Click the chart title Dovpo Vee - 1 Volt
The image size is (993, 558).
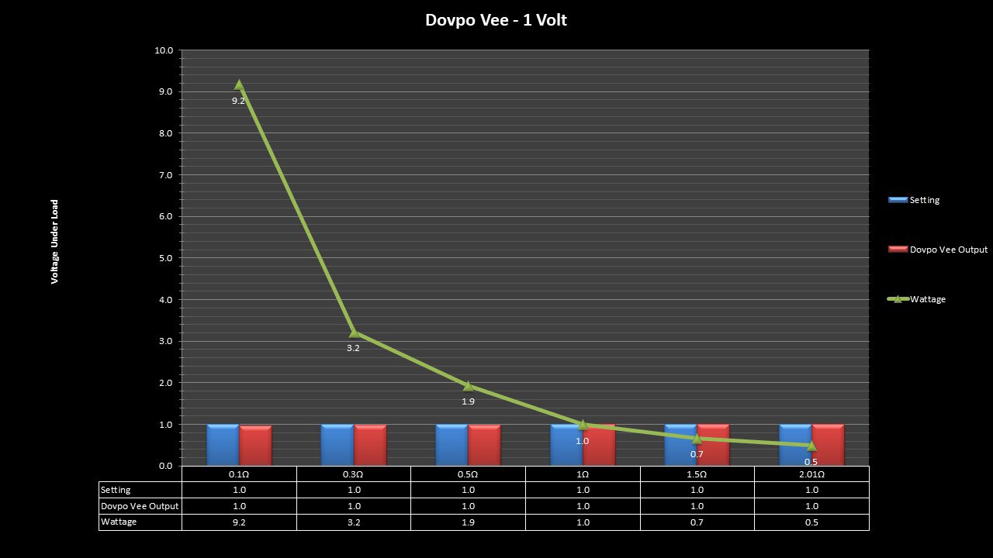[x=496, y=20]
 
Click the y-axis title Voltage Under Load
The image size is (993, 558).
[x=55, y=242]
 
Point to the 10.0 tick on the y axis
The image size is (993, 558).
[x=164, y=50]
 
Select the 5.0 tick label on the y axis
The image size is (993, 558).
[x=164, y=258]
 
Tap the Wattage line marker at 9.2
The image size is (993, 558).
[x=239, y=84]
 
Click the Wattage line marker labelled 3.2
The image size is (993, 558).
[x=354, y=332]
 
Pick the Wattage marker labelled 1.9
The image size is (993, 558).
[x=468, y=386]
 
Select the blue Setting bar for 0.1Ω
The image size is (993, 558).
[x=223, y=445]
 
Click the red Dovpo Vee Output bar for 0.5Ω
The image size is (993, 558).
[x=484, y=445]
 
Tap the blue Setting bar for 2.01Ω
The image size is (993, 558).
[x=795, y=445]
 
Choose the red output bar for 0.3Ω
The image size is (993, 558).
[x=370, y=445]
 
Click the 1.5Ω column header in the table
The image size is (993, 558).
[x=697, y=474]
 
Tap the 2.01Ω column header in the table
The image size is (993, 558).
[x=811, y=474]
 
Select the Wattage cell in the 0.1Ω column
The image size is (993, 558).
[x=239, y=522]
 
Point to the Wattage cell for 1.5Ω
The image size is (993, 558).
[x=697, y=522]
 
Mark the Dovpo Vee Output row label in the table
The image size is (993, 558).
[x=140, y=506]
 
